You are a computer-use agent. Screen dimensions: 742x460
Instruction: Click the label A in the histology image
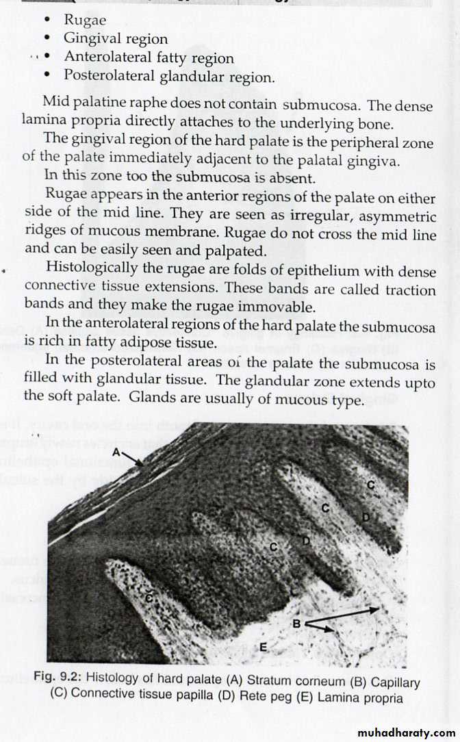point(116,452)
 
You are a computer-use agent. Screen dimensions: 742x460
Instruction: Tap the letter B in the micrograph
point(296,623)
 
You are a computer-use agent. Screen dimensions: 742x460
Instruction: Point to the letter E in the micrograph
point(264,646)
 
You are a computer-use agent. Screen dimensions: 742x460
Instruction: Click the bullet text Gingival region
point(116,39)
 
